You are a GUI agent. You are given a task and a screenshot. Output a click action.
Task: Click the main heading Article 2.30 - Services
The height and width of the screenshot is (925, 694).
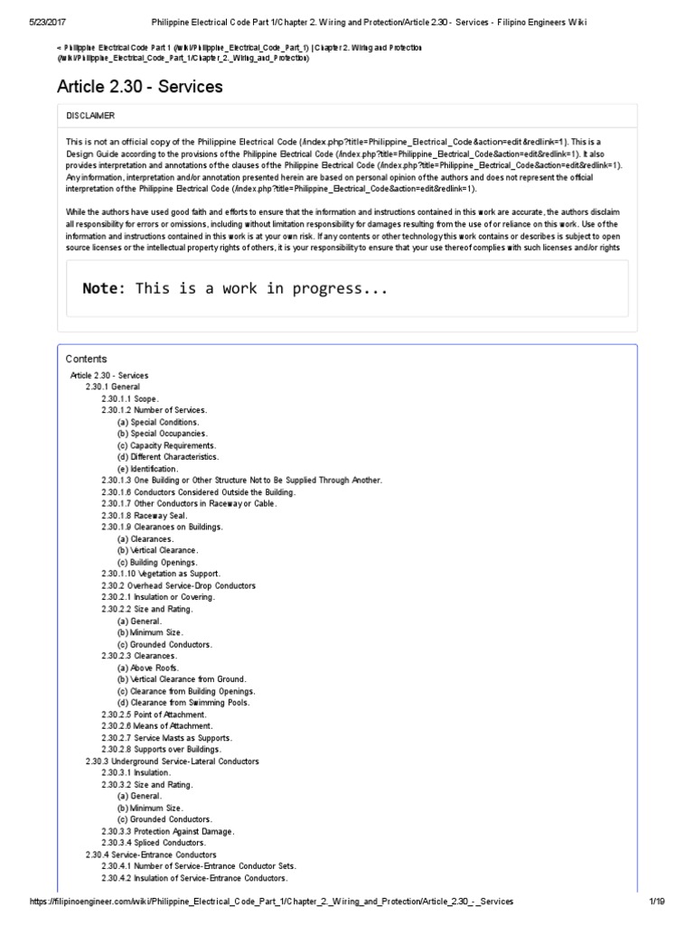click(x=140, y=87)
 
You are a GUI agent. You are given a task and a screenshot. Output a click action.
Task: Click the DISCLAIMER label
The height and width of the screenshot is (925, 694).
click(x=90, y=116)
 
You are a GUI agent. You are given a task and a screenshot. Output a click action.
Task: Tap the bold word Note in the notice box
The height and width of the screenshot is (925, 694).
click(x=101, y=289)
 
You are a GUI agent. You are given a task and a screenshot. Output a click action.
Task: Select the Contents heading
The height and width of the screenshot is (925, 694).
click(x=86, y=359)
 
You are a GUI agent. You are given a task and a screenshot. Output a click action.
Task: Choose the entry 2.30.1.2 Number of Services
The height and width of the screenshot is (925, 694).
click(x=154, y=410)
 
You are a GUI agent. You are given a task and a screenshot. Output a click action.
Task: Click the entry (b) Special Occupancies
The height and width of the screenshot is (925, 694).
click(x=162, y=434)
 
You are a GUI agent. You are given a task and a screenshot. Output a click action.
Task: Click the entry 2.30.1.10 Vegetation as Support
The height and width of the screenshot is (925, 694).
click(x=160, y=575)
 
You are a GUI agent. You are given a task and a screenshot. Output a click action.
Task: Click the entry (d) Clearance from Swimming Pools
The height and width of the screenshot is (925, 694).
click(x=183, y=703)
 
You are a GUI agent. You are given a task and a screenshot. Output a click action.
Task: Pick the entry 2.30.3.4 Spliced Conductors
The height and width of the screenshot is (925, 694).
click(x=153, y=843)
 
